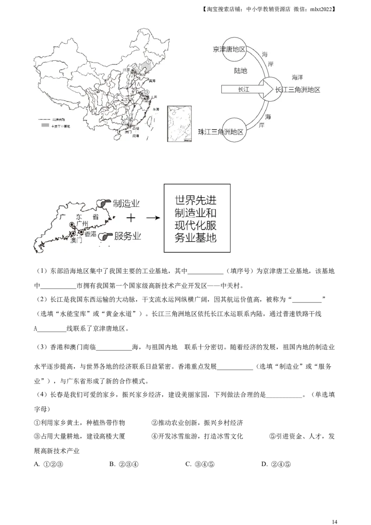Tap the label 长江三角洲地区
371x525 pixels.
tap(298, 90)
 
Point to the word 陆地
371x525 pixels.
tap(240, 71)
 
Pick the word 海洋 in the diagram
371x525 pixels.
tap(298, 77)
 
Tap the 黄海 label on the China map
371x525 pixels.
tap(151, 81)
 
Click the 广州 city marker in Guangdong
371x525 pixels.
tap(72, 225)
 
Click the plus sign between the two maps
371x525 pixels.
tap(132, 218)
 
